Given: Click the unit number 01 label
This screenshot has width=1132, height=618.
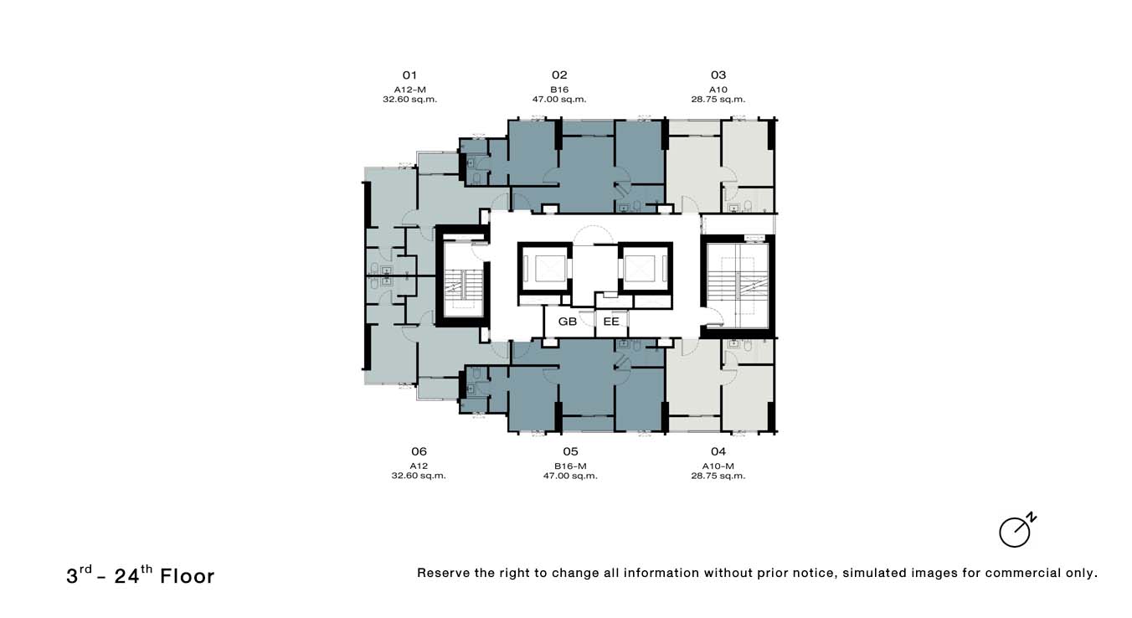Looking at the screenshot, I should [409, 75].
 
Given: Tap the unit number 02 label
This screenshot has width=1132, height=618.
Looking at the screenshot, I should [559, 75].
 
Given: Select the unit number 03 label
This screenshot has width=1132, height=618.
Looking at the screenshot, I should [718, 75].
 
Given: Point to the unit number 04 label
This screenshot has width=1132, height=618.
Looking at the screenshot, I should [718, 451].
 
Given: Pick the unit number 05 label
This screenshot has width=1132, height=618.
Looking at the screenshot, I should [569, 451].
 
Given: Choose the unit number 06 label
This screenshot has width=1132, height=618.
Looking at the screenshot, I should [419, 451].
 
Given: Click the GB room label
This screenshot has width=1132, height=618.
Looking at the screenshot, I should [568, 321].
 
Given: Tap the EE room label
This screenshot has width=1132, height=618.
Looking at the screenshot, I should [611, 321].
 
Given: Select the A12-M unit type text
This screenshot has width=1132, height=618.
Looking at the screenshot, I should [409, 89].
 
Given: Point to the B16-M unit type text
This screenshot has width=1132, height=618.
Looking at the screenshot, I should [569, 466].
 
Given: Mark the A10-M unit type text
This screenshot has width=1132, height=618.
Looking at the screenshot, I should [718, 466].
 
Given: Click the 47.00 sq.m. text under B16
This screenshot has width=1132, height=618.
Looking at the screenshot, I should [559, 99].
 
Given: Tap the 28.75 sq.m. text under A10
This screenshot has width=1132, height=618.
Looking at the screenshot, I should [718, 99].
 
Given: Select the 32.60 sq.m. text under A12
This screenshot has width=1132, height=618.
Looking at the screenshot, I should [419, 476].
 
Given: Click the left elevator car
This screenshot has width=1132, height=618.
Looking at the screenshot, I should [544, 268].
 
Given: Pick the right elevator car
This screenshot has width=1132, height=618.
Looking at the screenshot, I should [644, 268].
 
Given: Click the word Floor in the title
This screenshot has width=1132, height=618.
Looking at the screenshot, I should [187, 576].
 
